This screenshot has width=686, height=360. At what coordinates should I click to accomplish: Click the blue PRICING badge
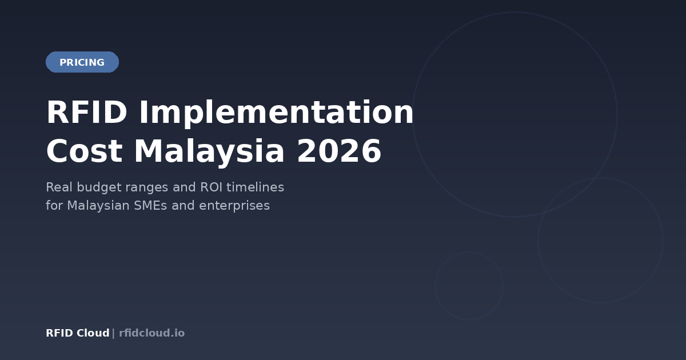click(x=82, y=62)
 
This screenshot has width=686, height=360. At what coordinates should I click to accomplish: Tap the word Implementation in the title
click(x=276, y=113)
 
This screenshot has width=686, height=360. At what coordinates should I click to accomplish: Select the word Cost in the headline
click(x=84, y=152)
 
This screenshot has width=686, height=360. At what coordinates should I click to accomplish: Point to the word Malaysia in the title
click(x=209, y=152)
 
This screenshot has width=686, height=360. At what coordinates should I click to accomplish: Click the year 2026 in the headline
click(x=339, y=152)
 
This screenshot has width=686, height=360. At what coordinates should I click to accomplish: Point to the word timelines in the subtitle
click(x=256, y=187)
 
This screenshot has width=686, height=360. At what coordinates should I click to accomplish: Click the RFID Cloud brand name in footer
click(x=78, y=333)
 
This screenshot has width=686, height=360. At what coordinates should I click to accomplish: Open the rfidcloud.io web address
click(x=152, y=333)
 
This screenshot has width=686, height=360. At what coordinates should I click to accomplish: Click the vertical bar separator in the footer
click(x=113, y=333)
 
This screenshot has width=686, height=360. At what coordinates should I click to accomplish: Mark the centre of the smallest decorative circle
click(x=469, y=286)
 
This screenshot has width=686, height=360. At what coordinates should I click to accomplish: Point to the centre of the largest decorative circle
click(x=514, y=114)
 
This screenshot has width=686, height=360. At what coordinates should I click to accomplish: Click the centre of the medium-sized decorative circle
click(x=600, y=240)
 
